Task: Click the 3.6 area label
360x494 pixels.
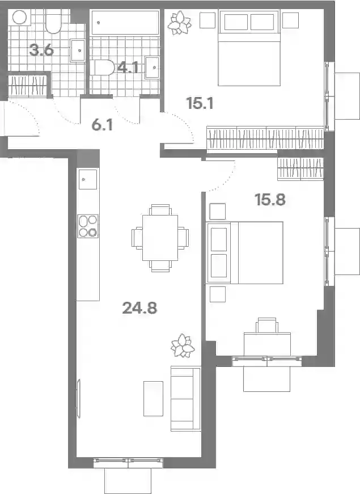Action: pos(41,50)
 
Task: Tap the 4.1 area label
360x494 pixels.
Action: pos(128,67)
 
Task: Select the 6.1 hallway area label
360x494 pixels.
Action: pos(102,125)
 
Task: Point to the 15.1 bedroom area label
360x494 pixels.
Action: pos(200,103)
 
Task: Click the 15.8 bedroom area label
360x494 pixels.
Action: pos(270,200)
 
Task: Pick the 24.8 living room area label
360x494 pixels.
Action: pos(139,308)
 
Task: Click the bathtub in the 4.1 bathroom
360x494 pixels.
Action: pos(125,22)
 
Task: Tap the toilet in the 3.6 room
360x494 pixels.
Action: pos(53,21)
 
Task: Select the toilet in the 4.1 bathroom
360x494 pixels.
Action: pos(102,67)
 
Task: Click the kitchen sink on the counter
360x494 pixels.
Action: pos(88,179)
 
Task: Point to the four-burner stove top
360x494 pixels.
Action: pos(88,226)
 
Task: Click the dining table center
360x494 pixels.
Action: pos(160,238)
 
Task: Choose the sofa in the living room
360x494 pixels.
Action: pos(186,399)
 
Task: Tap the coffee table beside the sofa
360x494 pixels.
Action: pos(154,399)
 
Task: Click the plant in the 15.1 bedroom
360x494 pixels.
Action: pos(179,23)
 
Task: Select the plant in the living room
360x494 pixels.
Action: pos(183,345)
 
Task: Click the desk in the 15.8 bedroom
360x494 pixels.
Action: pos(267,344)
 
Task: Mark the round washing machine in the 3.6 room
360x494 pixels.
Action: pos(19,18)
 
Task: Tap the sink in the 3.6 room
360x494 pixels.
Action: pos(77,50)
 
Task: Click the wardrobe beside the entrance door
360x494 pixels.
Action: pos(27,86)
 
